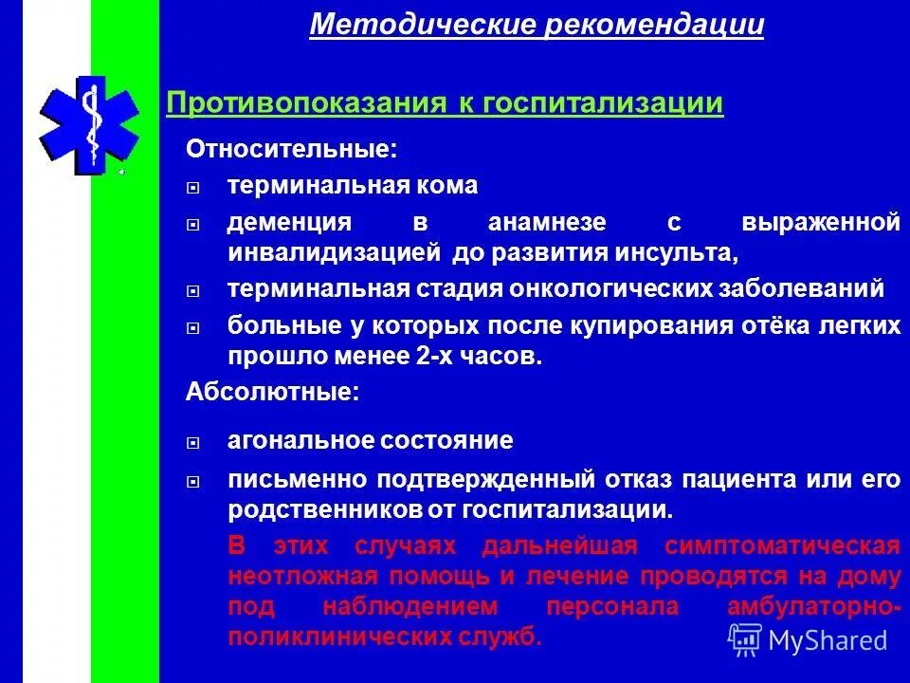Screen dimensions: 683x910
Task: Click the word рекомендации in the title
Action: (654, 25)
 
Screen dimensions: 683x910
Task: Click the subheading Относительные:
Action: (291, 149)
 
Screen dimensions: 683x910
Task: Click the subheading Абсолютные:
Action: (272, 392)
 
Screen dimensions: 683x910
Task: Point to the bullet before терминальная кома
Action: (192, 187)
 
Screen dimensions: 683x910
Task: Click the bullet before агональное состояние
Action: (192, 442)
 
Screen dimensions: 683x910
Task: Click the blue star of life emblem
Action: (88, 124)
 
